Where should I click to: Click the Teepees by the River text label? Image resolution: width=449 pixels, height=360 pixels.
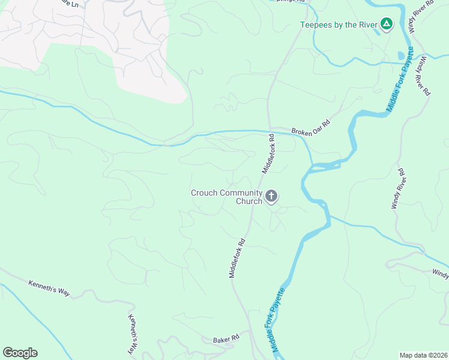coord(339,25)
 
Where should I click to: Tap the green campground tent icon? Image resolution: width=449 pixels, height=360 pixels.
coord(387,24)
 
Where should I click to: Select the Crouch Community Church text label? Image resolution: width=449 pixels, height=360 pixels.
coord(226,197)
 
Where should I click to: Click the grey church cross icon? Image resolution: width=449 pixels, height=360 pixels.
coord(271,196)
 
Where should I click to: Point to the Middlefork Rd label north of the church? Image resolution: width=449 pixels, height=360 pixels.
coord(268,154)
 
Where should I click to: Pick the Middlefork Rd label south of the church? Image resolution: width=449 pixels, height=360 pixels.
coord(238,259)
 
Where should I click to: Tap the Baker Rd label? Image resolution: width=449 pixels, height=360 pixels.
coord(226,340)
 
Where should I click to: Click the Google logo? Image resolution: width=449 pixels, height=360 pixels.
coord(20,353)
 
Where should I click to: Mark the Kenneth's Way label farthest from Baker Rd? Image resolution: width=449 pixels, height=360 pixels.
coord(49,287)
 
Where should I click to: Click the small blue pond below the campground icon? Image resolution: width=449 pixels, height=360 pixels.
coord(401,56)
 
